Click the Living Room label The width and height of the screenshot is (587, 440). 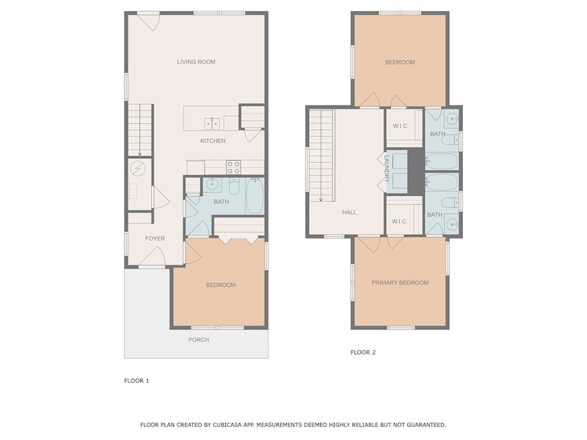tap(196, 62)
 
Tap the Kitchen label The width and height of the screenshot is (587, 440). tap(213, 141)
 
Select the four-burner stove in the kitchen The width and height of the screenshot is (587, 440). tap(233, 167)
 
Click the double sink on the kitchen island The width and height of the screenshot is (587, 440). tap(212, 123)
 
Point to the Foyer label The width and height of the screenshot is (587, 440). tap(155, 238)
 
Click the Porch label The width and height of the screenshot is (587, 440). tap(198, 340)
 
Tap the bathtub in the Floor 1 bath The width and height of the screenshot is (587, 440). tap(255, 196)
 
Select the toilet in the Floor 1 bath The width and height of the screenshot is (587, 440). tap(234, 186)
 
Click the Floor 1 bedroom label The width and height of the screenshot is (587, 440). tap(221, 285)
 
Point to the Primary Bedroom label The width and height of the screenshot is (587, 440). tap(400, 282)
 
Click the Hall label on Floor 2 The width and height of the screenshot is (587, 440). tap(349, 212)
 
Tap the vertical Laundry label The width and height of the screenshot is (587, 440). tap(387, 169)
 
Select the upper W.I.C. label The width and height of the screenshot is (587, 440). tap(400, 126)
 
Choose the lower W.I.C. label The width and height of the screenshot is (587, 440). tap(399, 221)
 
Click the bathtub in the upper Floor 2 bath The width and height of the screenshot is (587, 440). tap(442, 161)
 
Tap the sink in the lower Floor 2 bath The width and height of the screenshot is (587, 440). tap(452, 225)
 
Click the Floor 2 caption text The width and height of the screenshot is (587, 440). tap(362, 352)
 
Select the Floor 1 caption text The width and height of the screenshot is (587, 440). tap(136, 381)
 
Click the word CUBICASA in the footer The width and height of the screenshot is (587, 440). tap(226, 425)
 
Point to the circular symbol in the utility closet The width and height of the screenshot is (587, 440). tap(137, 169)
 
